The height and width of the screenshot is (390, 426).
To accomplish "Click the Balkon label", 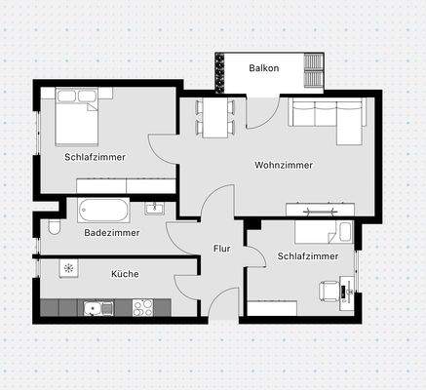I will tap(263, 68).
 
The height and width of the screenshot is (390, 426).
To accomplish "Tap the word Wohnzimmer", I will tap(284, 165).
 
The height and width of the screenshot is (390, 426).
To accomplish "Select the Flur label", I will tap(221, 249).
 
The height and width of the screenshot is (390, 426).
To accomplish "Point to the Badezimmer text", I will tap(111, 233).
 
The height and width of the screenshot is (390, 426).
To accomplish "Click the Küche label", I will tap(125, 274).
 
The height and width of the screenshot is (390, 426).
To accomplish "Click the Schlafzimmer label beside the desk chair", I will tap(307, 256).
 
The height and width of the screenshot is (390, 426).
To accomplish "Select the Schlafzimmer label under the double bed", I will tap(95, 156).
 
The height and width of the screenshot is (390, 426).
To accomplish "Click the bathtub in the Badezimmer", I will tap(102, 209).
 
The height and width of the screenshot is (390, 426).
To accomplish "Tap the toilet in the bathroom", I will tap(54, 228).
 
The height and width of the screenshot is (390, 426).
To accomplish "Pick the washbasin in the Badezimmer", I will tap(154, 208).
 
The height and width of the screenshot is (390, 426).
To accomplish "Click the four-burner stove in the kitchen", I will tap(143, 307).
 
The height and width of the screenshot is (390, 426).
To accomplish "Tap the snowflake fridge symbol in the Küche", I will tap(68, 267).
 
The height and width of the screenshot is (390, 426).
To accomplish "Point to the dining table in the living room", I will tap(213, 116).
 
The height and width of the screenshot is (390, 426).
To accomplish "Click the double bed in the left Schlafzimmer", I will tap(77, 113).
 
